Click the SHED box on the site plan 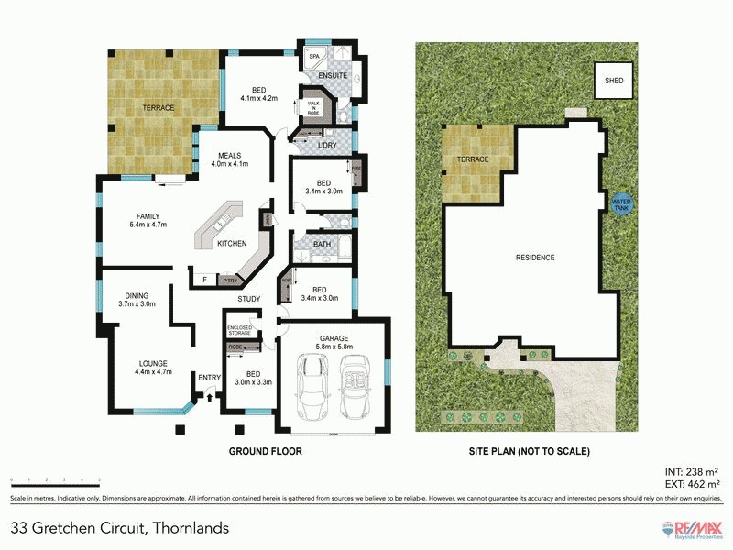(x=614, y=81)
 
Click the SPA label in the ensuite (x=313, y=57)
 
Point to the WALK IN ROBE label (x=312, y=108)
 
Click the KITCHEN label (x=232, y=243)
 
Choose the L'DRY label (x=325, y=146)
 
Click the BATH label (x=321, y=245)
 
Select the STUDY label (x=248, y=299)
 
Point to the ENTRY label (x=210, y=377)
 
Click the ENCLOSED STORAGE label (x=240, y=331)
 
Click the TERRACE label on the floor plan (x=158, y=108)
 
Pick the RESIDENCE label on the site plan (x=535, y=258)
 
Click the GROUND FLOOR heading (x=264, y=451)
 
